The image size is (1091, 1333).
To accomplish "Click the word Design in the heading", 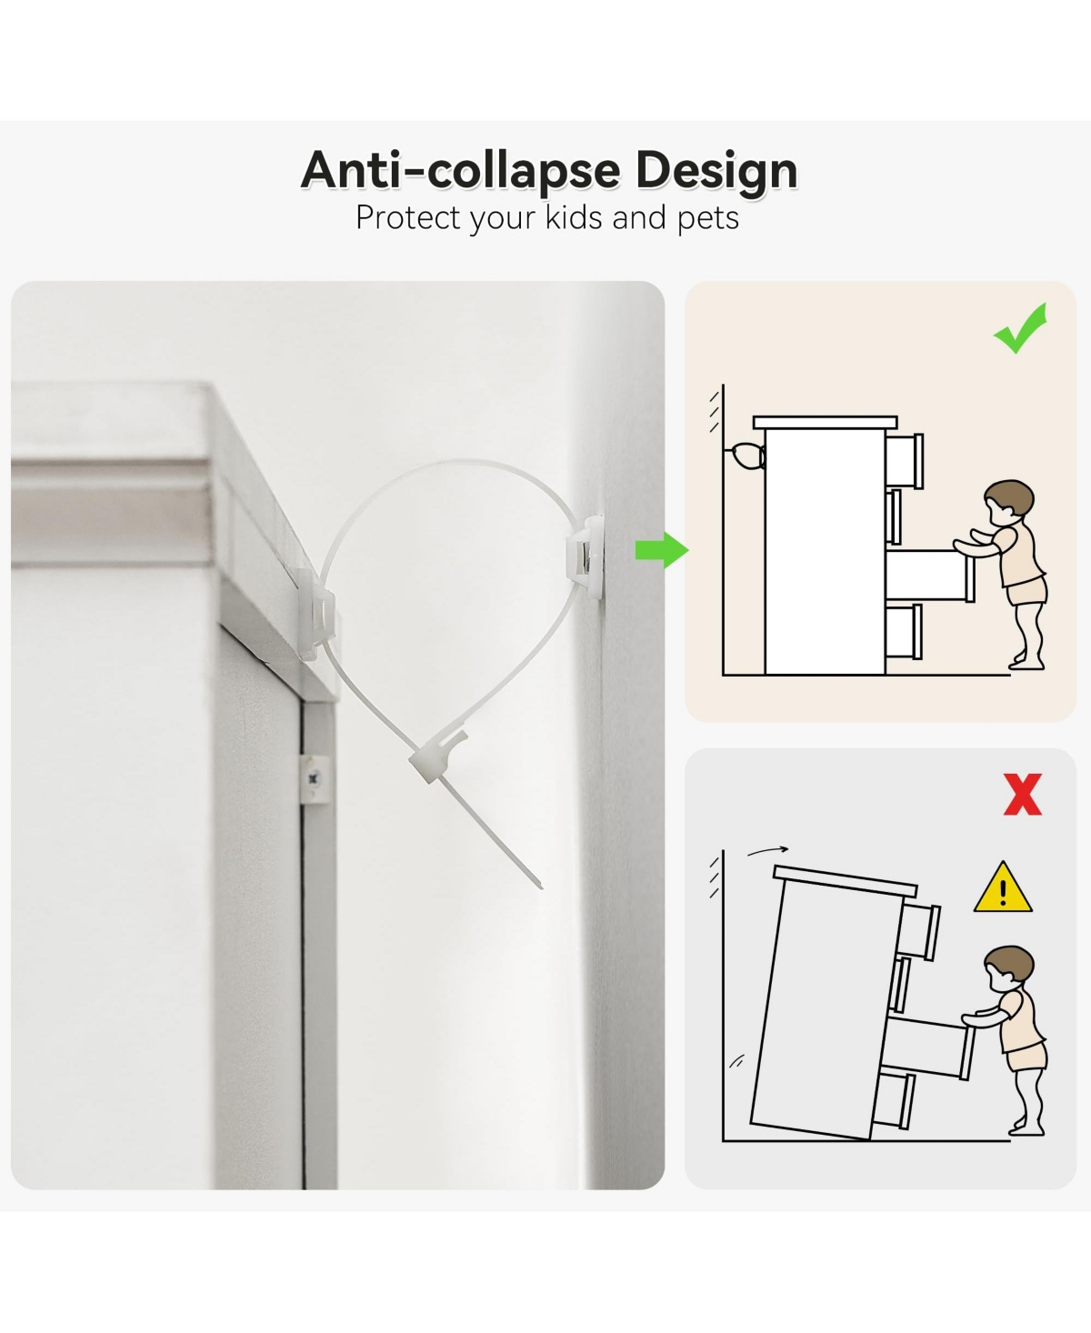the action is point(716,171).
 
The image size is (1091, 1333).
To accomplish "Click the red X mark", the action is point(1022,794).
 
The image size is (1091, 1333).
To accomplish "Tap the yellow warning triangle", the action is point(1003,888).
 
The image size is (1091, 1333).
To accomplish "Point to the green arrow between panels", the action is point(661,550).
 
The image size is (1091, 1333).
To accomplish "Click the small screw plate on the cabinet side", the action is point(315,779).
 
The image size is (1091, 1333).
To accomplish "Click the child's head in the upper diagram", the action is point(1009,502).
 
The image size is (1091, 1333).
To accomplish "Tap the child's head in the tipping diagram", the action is point(1009,968).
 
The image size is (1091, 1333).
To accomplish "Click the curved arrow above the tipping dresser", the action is point(767,850).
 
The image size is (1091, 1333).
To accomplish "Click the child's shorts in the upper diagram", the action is point(1026,592).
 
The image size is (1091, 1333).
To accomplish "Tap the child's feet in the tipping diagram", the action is point(1026,1128).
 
